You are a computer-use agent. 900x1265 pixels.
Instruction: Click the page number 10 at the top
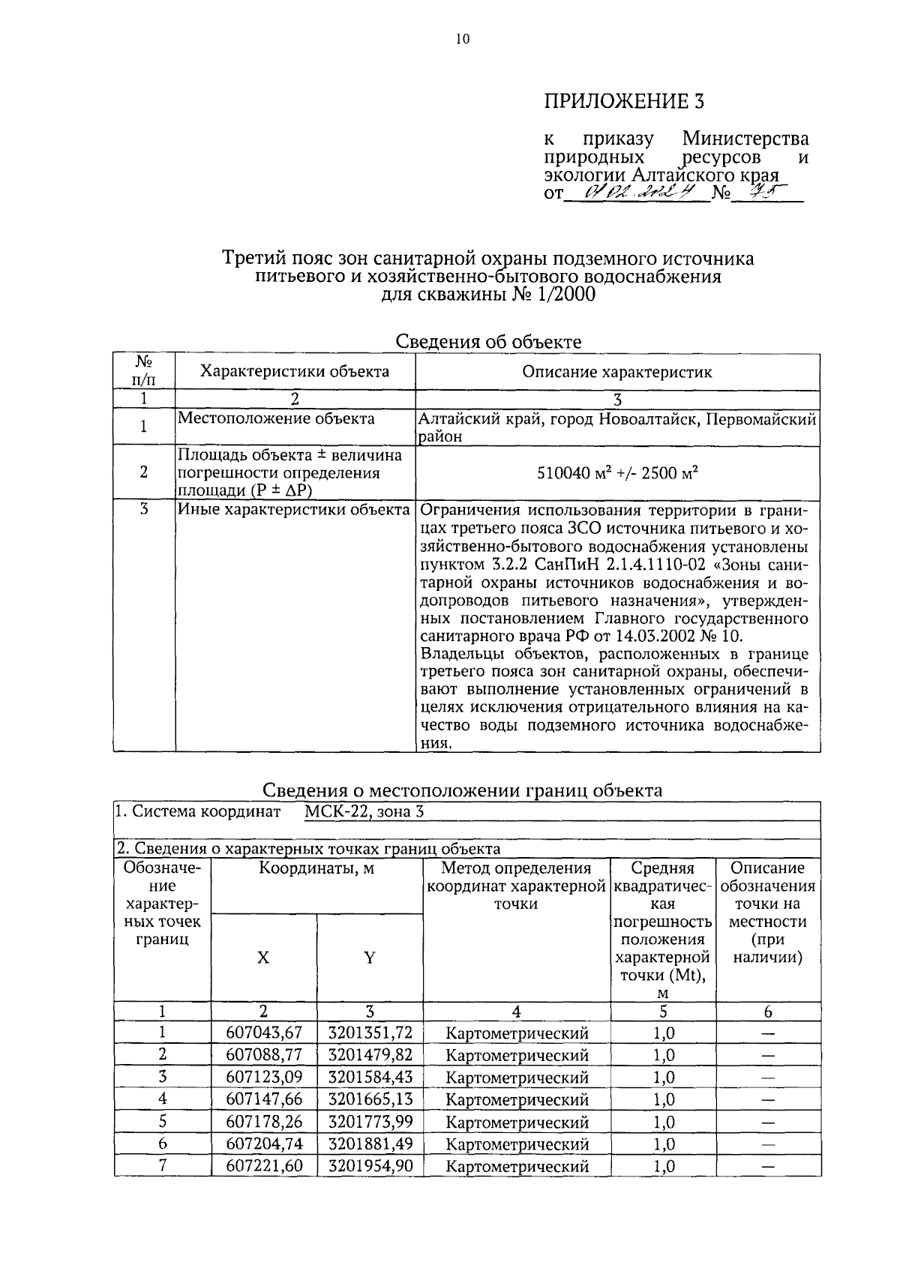[462, 39]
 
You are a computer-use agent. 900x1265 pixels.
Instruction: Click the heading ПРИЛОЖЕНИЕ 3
[624, 102]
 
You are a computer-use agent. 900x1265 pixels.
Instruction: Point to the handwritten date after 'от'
[636, 193]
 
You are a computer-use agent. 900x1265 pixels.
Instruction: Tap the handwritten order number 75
[757, 193]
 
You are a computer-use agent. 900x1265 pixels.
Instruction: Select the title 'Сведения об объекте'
[488, 342]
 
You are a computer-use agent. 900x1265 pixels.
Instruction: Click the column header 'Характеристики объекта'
[295, 371]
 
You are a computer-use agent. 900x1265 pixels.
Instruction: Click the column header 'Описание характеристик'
[616, 371]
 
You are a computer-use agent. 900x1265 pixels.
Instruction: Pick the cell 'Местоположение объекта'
[276, 418]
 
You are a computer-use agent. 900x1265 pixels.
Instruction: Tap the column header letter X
[263, 958]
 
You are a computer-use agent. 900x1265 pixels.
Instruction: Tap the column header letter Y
[370, 958]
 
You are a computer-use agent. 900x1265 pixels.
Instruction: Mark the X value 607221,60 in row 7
[264, 1166]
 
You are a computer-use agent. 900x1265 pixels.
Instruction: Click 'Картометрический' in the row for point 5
[517, 1123]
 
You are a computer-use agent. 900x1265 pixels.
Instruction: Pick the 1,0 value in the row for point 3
[663, 1078]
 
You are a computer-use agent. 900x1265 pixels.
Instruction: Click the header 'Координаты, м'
[316, 868]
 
